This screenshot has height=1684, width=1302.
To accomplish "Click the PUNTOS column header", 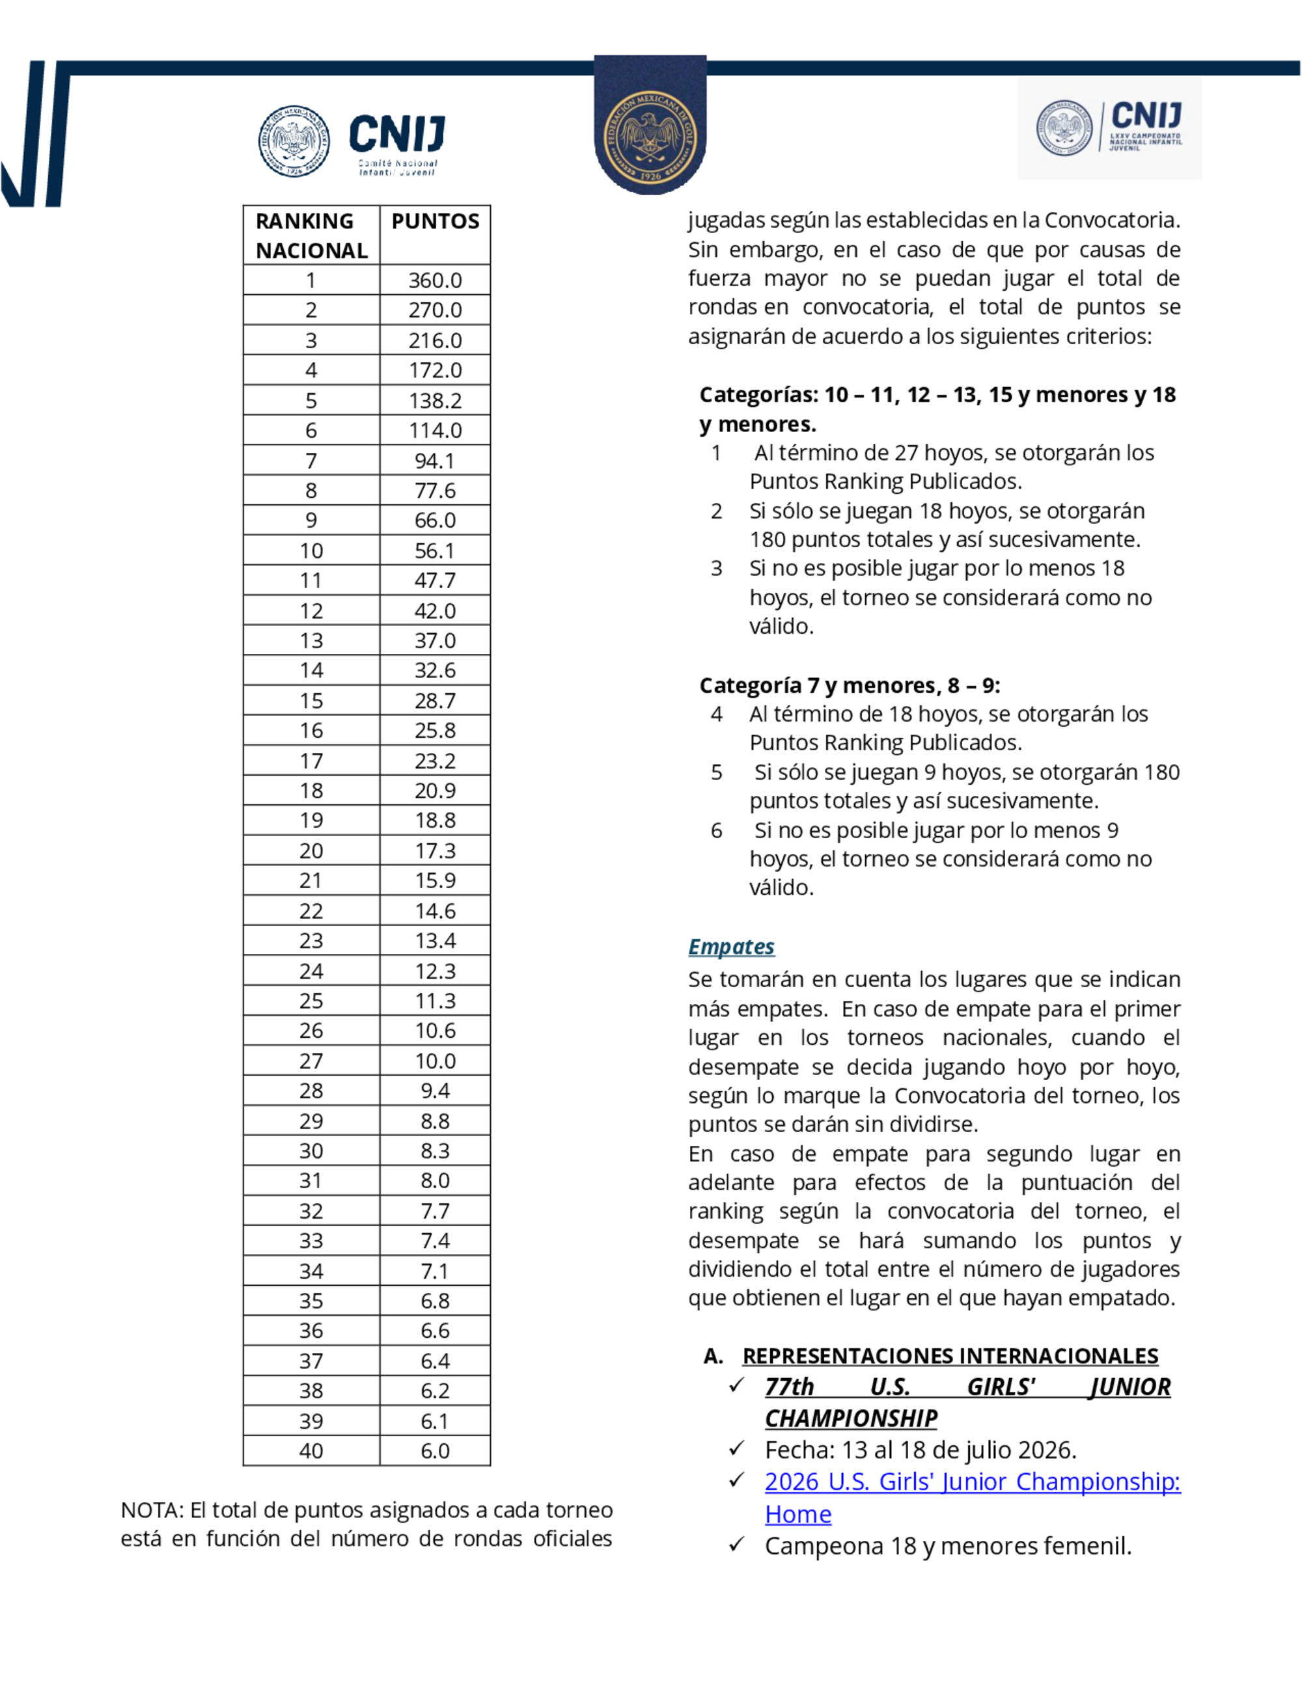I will tap(435, 221).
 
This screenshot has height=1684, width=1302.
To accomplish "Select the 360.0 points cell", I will tap(435, 280).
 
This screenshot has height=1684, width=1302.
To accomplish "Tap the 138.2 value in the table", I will tap(435, 401).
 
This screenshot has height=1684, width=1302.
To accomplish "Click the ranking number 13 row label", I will tap(311, 641).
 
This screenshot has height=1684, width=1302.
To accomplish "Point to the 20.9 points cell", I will tap(435, 791).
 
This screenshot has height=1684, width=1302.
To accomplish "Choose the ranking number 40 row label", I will tap(311, 1450).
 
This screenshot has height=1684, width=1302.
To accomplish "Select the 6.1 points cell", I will tap(435, 1421).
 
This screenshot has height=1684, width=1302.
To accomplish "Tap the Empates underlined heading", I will tap(730, 947).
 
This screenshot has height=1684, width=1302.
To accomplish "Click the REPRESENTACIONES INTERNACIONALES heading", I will tap(950, 1356).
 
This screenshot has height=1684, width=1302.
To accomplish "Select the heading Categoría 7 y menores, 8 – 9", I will tap(850, 685).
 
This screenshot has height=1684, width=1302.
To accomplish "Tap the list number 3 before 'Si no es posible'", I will tap(717, 568).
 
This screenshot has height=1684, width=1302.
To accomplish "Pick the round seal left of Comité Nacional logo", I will tap(294, 142).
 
